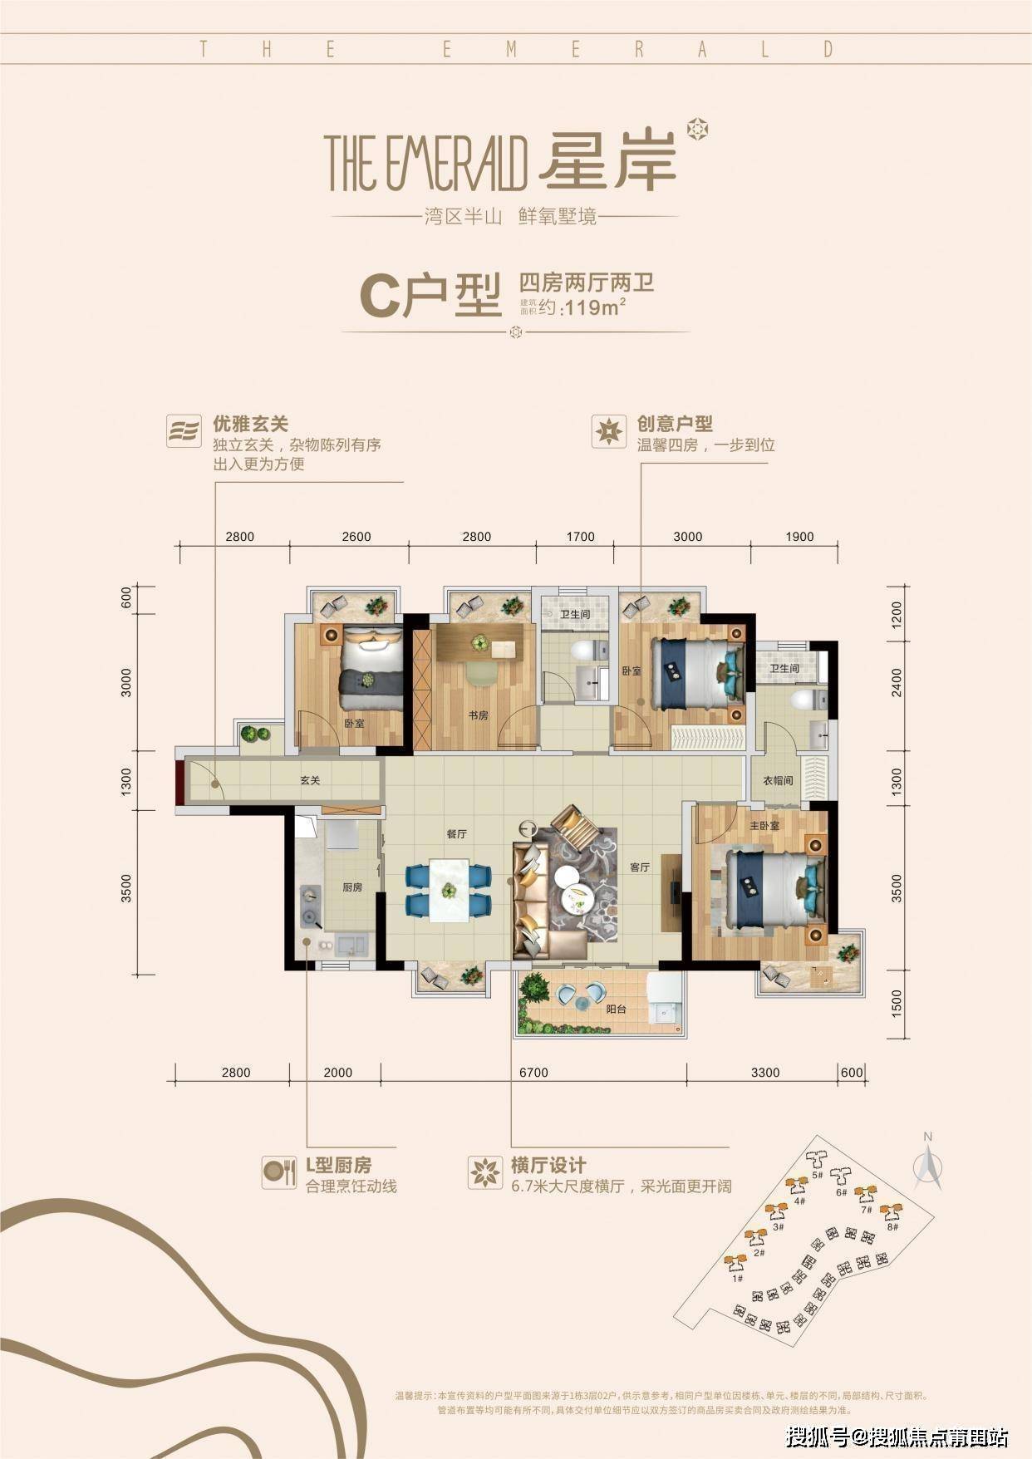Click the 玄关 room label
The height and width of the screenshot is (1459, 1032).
(310, 781)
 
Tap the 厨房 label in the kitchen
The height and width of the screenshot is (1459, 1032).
(352, 887)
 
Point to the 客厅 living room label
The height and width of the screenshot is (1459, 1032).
(639, 867)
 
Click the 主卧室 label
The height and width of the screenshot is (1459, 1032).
(764, 826)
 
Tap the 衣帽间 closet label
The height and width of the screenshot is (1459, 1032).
(778, 781)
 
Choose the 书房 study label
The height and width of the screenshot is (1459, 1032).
(478, 715)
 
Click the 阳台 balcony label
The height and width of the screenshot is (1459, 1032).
(616, 1010)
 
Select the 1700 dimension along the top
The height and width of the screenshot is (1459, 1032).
(580, 537)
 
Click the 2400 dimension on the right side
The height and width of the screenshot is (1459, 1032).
(896, 681)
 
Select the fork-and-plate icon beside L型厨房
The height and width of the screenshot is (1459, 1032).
(278, 1172)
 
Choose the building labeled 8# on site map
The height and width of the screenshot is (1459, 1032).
(891, 1214)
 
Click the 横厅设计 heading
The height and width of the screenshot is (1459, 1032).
(549, 1165)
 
